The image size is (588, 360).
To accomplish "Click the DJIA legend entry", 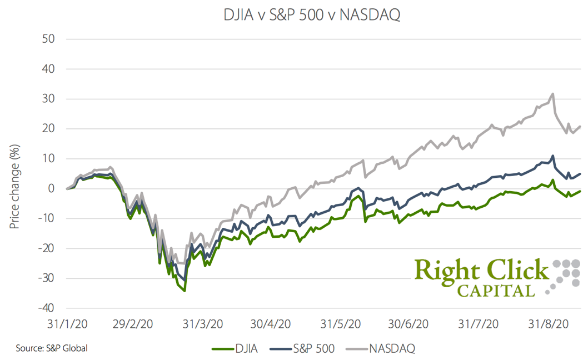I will click(231, 349).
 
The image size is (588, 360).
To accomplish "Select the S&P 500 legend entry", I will click(303, 349).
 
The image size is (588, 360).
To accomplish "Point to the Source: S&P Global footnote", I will click(52, 348).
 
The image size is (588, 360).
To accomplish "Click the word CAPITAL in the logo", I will click(496, 289).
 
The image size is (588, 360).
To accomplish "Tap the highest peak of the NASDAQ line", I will click(552, 94).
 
